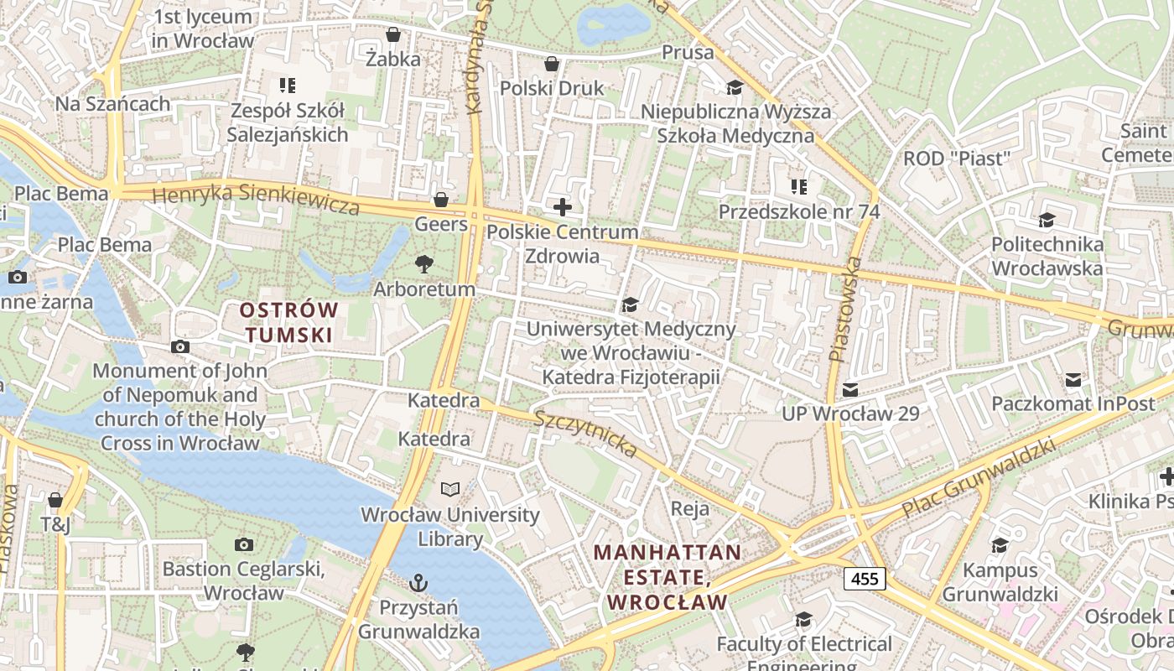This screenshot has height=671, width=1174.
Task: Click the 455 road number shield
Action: click(x=865, y=578)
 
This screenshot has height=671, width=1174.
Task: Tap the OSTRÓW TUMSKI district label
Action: click(x=289, y=323)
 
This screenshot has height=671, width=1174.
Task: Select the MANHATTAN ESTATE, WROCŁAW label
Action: click(x=668, y=577)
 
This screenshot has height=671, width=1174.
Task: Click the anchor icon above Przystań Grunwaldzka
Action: click(x=418, y=582)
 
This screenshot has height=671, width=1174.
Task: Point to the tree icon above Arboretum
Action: click(x=424, y=264)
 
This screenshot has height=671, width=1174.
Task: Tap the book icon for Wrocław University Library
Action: click(x=450, y=489)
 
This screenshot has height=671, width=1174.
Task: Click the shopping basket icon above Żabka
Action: click(x=392, y=34)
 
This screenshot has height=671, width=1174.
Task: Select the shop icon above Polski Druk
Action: click(x=552, y=64)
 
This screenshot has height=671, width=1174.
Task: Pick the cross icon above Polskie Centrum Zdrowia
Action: click(x=563, y=206)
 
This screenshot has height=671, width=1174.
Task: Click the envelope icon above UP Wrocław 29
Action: click(x=850, y=389)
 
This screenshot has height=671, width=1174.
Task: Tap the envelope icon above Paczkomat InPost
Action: click(x=1073, y=380)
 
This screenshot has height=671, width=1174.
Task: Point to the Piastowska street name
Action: click(x=845, y=309)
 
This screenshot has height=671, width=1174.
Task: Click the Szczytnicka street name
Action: click(x=586, y=433)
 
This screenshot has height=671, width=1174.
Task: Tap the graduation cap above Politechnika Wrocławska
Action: click(x=1047, y=220)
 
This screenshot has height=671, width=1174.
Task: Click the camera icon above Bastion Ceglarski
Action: click(x=244, y=544)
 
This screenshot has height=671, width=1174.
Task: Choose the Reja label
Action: click(x=690, y=508)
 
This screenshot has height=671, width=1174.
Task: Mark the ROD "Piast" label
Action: click(x=956, y=159)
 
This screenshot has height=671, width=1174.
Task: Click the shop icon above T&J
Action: click(x=55, y=501)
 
